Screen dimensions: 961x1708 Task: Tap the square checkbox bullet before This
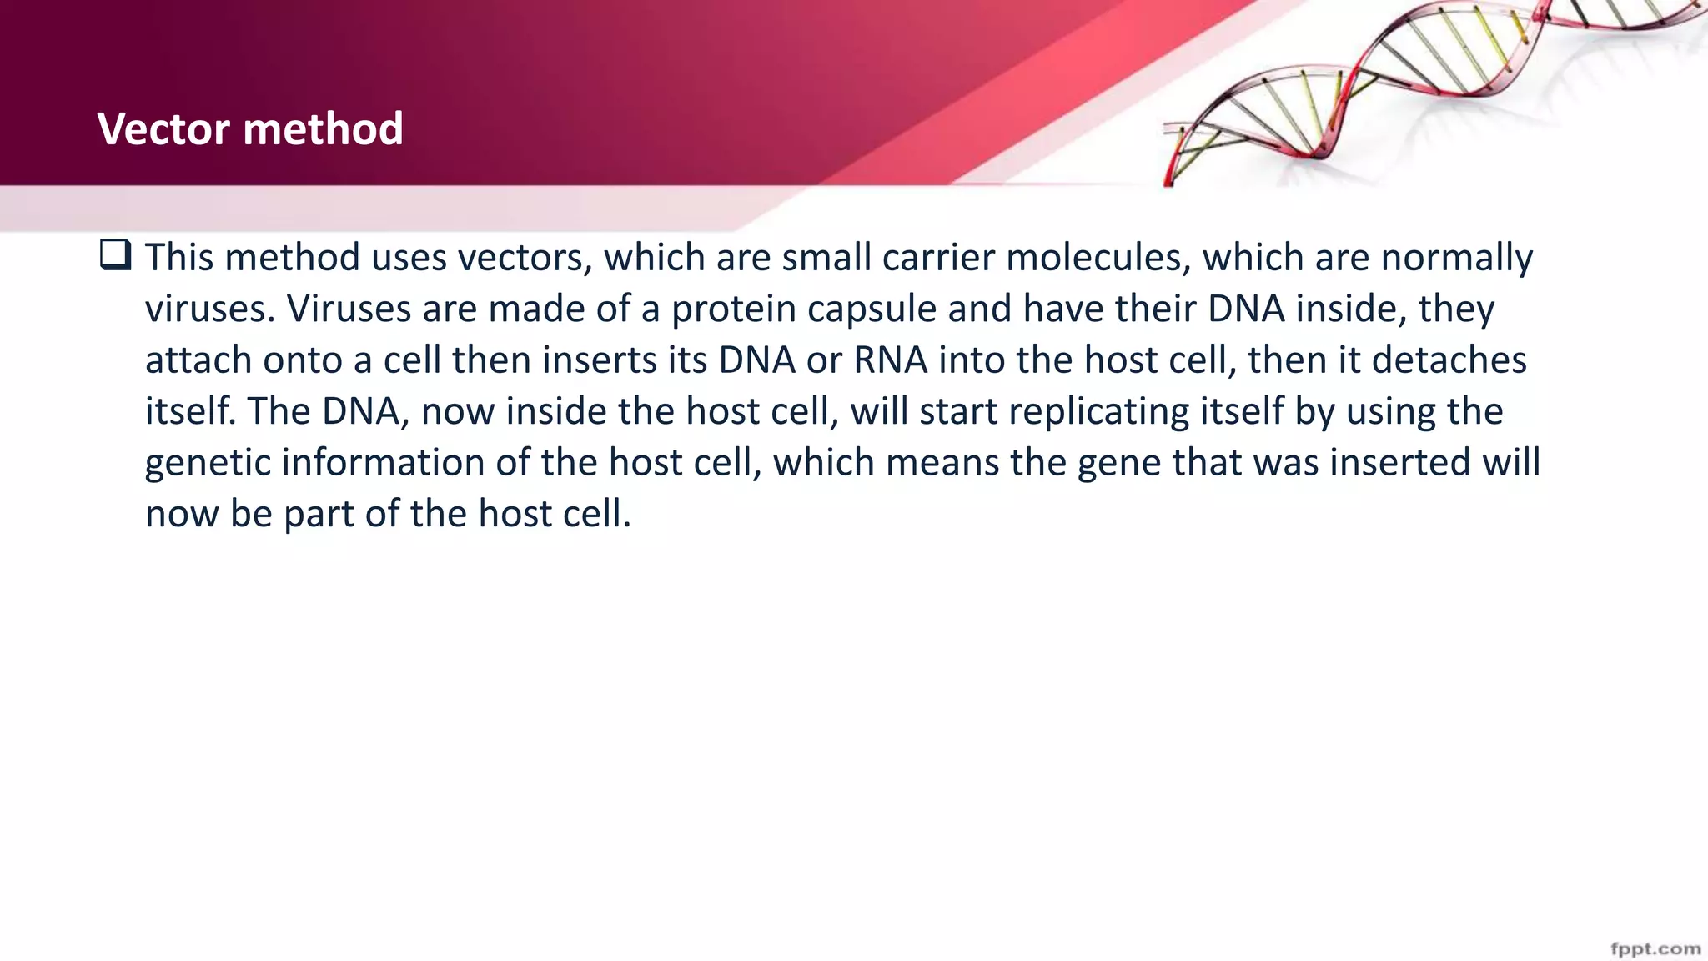click(115, 254)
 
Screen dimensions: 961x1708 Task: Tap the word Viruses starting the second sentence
click(349, 309)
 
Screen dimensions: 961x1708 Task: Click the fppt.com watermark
click(1655, 948)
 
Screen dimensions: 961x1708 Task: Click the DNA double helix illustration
click(1418, 92)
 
